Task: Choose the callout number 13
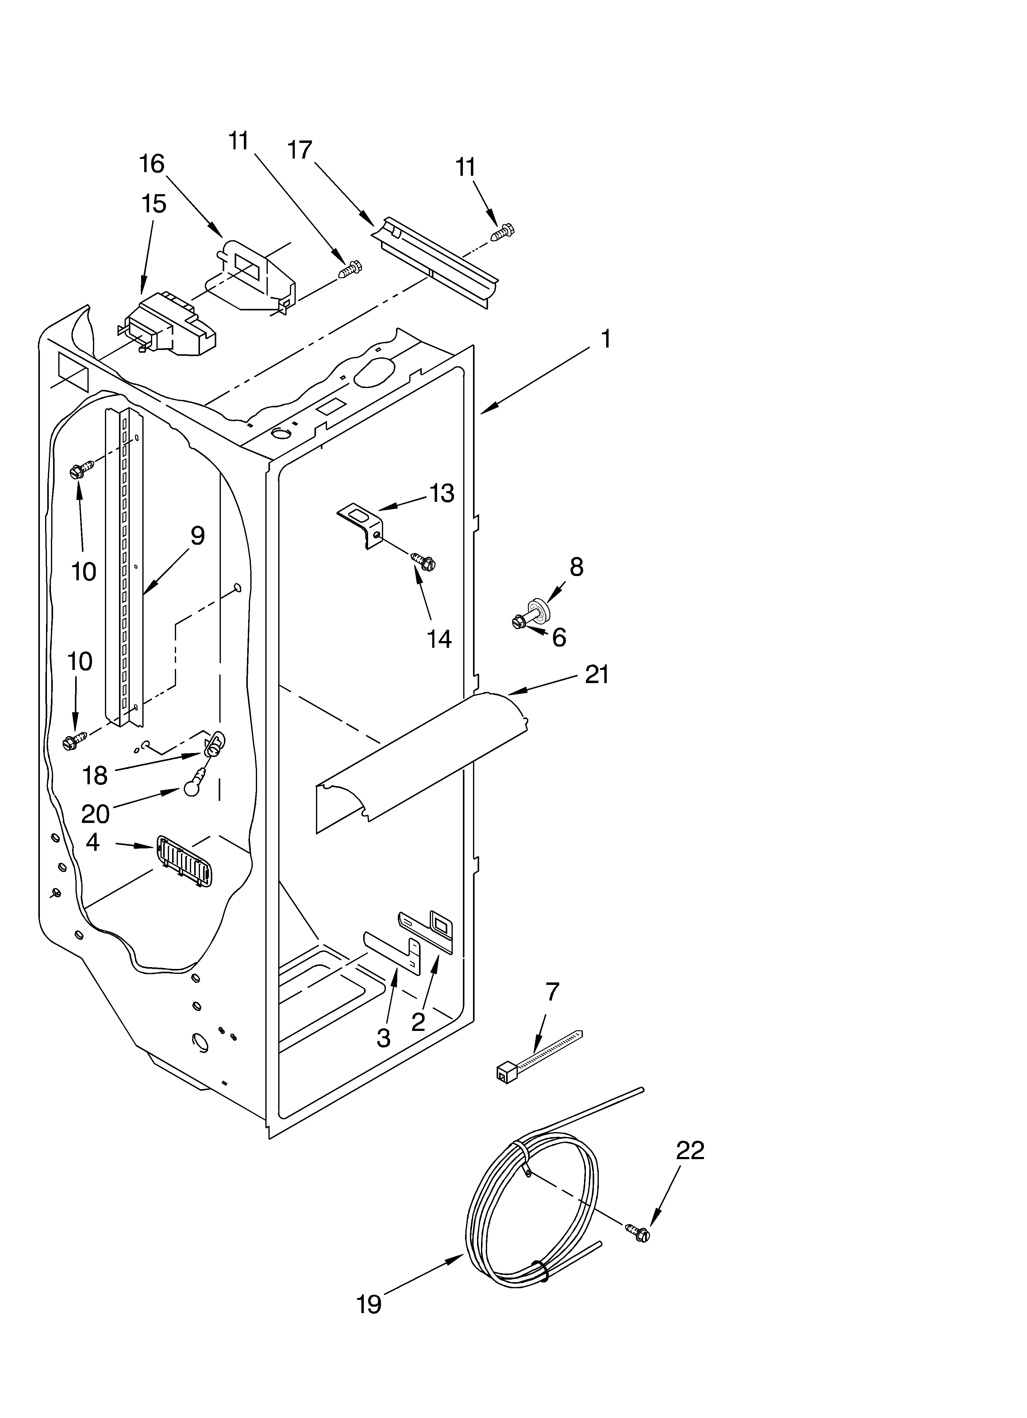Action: tap(442, 493)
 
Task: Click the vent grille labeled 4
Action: tap(184, 862)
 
